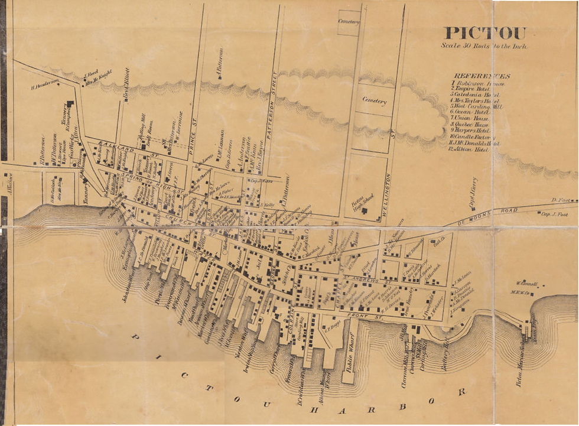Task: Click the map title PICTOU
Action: tap(484, 34)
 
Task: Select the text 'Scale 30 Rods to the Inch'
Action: tap(484, 45)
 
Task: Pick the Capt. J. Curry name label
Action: tap(473, 193)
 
